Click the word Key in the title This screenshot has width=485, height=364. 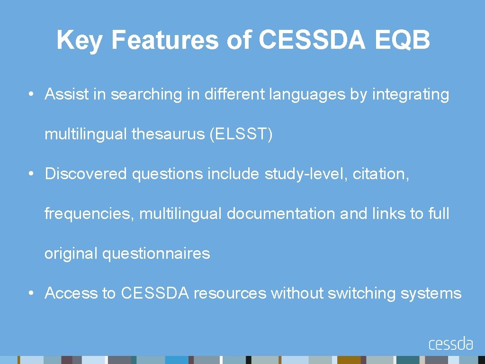[79, 40]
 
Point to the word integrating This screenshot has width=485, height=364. [411, 94]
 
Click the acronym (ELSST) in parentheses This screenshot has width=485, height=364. [241, 134]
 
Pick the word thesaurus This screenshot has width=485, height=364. [168, 134]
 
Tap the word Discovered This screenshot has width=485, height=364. [86, 174]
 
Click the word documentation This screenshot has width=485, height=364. [281, 214]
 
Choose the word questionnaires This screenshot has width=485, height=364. [156, 254]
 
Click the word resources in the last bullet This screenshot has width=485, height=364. [230, 293]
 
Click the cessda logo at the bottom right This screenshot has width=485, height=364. [450, 343]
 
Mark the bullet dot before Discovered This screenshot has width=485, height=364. [30, 174]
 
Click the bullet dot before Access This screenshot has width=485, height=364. [30, 294]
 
